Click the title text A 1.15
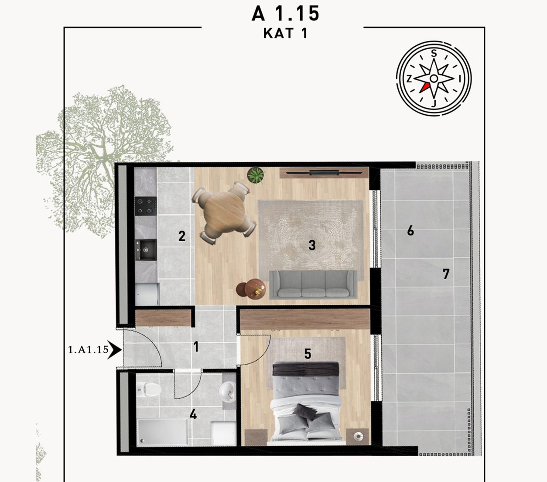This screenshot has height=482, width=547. point(285,14)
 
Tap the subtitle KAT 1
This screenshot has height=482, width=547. point(285,33)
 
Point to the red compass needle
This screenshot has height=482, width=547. point(424,88)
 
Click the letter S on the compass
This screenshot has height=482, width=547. point(434,54)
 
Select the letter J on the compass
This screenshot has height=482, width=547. point(434,103)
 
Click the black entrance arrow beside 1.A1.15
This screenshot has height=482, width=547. point(114,350)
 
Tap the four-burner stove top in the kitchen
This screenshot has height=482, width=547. point(146,206)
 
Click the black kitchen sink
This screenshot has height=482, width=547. point(146,250)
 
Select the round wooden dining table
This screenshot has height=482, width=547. point(224,212)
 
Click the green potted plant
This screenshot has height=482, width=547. point(256,175)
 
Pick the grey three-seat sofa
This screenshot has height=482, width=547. point(313,284)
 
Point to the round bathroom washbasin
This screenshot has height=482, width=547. point(227,391)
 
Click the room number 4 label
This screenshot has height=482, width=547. point(193,414)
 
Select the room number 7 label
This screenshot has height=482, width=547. point(446,274)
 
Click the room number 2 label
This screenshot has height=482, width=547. point(182,236)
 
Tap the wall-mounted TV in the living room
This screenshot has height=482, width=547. point(324,173)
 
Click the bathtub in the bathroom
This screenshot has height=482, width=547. point(163,432)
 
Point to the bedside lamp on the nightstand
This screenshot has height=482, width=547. point(358,436)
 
